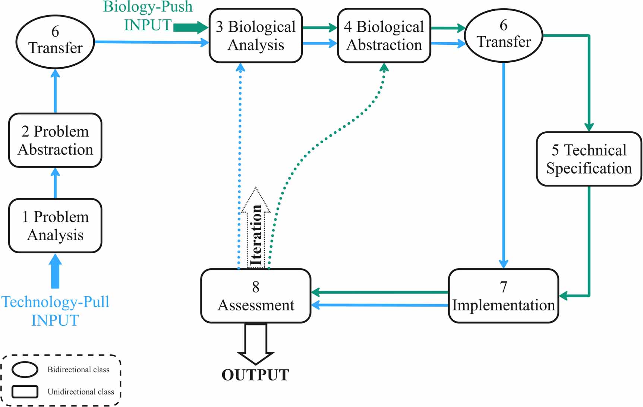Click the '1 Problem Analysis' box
(x=55, y=226)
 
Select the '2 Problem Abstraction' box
(x=55, y=140)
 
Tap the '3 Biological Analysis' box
(x=256, y=36)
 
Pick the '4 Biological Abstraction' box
(x=384, y=36)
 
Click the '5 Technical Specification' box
(x=589, y=159)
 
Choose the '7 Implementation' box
(x=503, y=296)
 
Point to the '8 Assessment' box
(x=256, y=296)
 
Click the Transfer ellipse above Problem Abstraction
(x=55, y=41)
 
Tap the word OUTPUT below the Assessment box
(x=255, y=375)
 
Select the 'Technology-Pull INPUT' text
(x=55, y=311)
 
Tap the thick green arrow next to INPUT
(x=190, y=27)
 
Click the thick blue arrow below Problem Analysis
(x=55, y=271)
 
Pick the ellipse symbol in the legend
(x=25, y=370)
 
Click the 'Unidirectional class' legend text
(x=81, y=392)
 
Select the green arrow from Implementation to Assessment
(x=380, y=292)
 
